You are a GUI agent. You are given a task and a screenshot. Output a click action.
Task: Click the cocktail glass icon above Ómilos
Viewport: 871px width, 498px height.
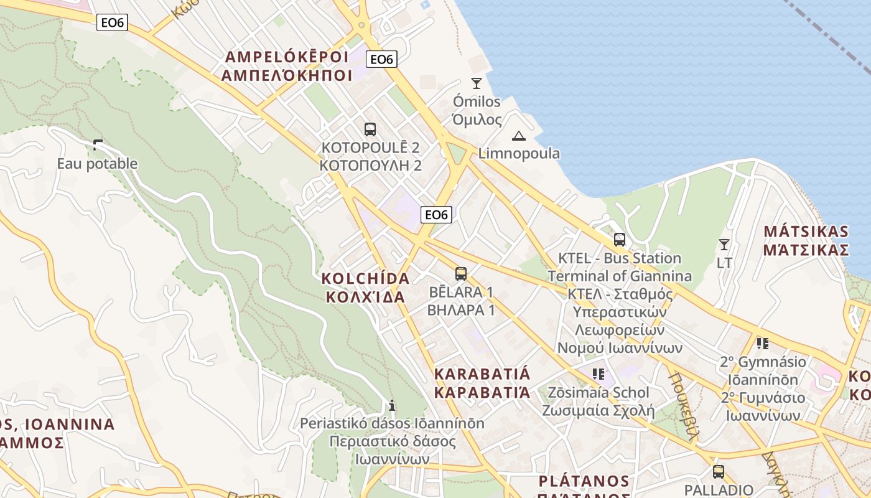click(477, 83)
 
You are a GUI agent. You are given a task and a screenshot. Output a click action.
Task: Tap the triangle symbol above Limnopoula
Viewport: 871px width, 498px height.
click(518, 136)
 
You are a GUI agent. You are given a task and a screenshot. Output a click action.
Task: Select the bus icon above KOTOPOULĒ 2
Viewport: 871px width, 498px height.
click(370, 129)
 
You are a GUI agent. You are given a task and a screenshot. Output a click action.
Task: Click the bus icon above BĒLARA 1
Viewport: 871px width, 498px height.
click(461, 273)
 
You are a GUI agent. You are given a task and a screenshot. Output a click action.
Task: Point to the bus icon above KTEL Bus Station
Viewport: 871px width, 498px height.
click(619, 240)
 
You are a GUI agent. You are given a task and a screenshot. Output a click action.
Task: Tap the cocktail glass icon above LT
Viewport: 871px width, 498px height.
click(724, 244)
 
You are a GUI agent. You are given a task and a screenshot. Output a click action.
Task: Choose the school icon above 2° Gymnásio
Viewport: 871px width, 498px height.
click(763, 343)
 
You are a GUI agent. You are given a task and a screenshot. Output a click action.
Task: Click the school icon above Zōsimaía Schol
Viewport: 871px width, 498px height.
click(599, 374)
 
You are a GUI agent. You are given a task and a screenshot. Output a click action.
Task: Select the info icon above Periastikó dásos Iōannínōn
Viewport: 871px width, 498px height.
click(392, 405)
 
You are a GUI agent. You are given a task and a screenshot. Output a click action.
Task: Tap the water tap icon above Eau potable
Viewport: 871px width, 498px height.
click(97, 146)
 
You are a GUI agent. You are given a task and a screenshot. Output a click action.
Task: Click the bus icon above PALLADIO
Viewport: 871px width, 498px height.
click(719, 471)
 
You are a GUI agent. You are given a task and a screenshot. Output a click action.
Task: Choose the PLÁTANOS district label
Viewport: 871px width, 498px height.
click(584, 481)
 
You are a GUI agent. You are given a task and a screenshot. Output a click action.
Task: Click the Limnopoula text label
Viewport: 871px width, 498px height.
click(519, 153)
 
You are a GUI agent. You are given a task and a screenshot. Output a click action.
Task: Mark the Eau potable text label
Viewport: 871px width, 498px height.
click(97, 164)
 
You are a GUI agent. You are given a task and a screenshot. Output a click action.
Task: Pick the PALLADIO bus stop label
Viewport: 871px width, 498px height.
click(719, 490)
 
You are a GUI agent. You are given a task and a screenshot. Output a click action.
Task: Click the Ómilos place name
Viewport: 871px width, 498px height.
click(477, 101)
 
